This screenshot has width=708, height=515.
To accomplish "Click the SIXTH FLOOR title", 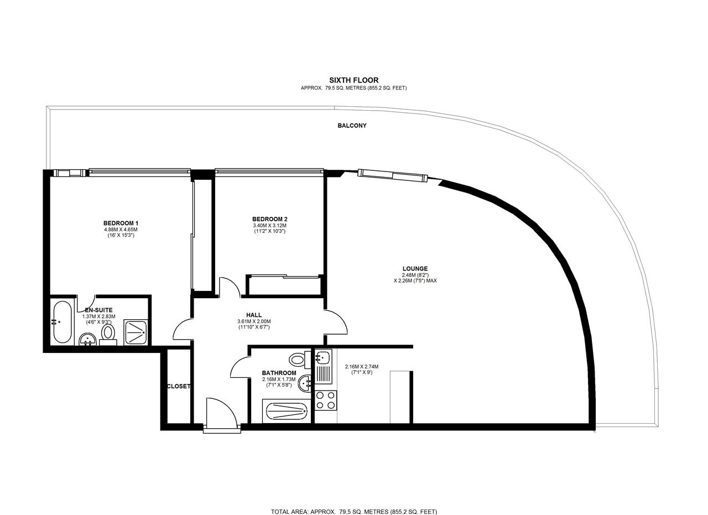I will (x=353, y=80).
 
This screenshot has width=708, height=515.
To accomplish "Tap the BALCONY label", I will (x=352, y=126).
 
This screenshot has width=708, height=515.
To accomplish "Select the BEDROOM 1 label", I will (x=121, y=223).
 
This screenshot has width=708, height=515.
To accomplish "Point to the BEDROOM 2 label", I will (x=269, y=219).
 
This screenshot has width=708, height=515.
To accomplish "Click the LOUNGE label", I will (x=415, y=269).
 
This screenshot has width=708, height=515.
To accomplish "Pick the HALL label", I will (x=254, y=315).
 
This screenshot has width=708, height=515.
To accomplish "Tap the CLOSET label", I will (x=178, y=386).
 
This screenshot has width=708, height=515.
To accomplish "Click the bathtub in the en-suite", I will (x=63, y=322).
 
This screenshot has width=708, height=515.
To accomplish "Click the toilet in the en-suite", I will (x=108, y=334).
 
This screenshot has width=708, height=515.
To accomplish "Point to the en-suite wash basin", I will (x=87, y=339).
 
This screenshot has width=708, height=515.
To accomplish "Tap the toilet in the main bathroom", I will (x=299, y=360).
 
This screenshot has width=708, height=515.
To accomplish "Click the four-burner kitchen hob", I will (x=326, y=400).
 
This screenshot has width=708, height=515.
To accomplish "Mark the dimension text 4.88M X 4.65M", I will (x=121, y=230).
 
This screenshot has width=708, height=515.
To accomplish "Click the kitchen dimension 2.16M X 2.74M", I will (x=362, y=367).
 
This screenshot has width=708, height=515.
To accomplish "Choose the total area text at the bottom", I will (x=353, y=512).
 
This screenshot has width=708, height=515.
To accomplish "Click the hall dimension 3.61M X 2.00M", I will (x=254, y=321).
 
